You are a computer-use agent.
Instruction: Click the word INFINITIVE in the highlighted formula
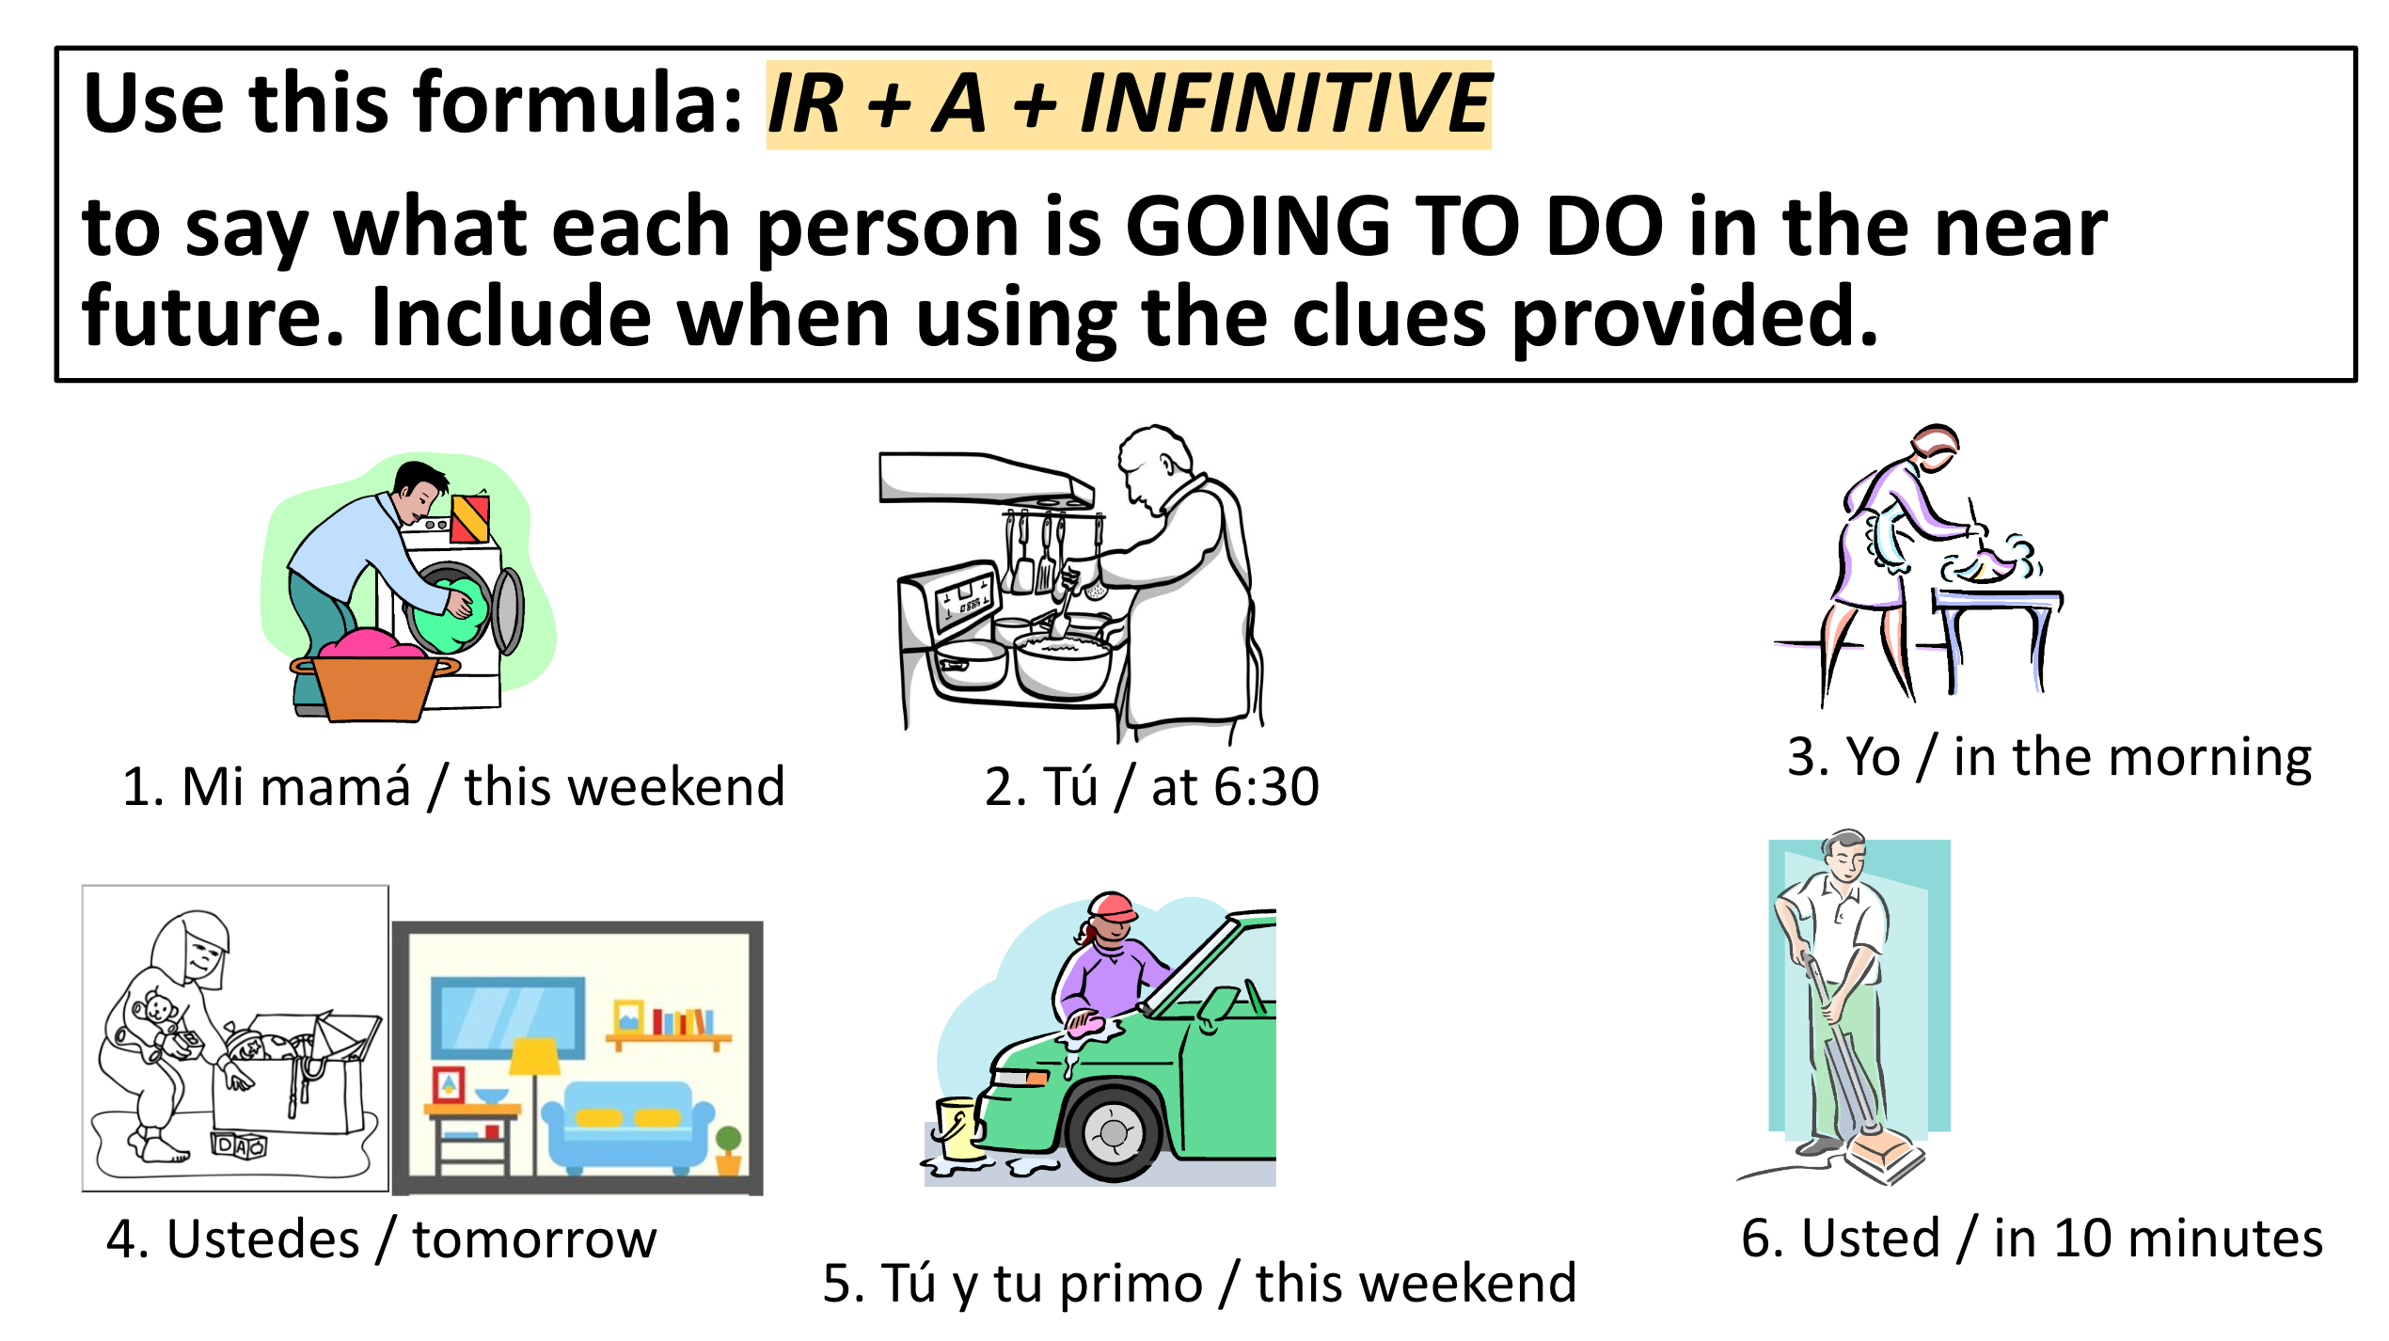[1285, 103]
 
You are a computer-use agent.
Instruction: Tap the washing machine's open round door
[509, 610]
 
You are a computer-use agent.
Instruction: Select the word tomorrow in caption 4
[534, 1239]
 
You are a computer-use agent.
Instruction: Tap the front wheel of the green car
[1114, 1132]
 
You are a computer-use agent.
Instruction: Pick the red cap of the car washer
[1114, 907]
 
